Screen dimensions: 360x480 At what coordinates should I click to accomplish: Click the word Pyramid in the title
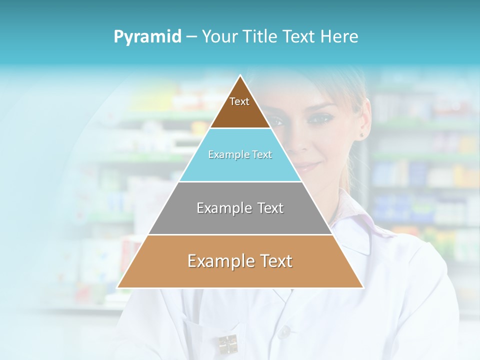pos(147,37)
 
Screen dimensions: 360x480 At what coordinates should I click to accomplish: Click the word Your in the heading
pos(219,37)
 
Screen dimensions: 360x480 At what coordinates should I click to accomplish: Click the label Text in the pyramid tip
pos(239,101)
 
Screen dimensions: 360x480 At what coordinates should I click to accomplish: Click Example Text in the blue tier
pos(240,155)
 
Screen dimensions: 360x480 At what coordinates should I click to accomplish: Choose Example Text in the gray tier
pos(240,208)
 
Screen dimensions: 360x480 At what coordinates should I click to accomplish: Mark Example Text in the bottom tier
pos(240,261)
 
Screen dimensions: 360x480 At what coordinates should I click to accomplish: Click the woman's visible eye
pos(318,118)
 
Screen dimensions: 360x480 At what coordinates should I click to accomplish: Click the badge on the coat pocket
pos(228,344)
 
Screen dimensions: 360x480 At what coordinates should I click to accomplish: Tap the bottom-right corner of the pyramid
pos(362,287)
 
